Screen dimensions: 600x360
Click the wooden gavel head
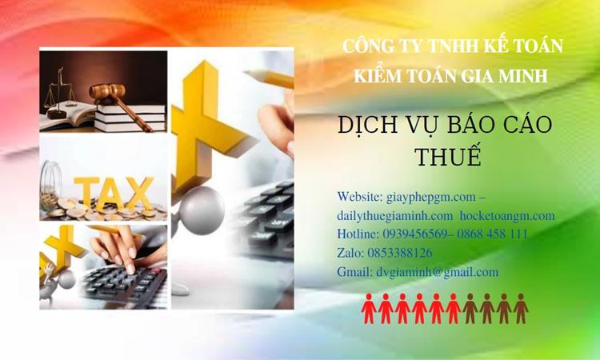[107, 91]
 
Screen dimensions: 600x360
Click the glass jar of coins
[50, 186]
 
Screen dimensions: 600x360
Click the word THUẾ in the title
[448, 156]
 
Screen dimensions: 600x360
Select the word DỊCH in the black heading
[362, 125]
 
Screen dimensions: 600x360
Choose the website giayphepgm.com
[431, 197]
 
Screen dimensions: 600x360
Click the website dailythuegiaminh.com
[395, 216]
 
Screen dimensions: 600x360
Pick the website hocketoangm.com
[507, 215]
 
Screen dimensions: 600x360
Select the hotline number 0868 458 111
[492, 234]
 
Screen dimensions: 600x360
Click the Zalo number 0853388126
[400, 253]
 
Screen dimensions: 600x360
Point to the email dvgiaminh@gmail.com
[437, 272]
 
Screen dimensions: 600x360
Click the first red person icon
[369, 309]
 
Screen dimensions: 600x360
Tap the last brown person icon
[521, 309]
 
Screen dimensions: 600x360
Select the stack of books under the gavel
[130, 118]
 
